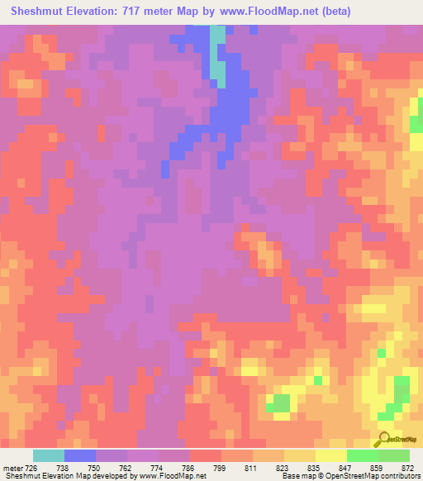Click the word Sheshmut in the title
(40, 12)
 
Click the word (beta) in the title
(332, 12)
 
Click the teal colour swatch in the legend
(49, 455)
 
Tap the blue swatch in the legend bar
(80, 455)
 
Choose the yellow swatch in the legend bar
(331, 455)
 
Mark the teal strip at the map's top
(218, 54)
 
